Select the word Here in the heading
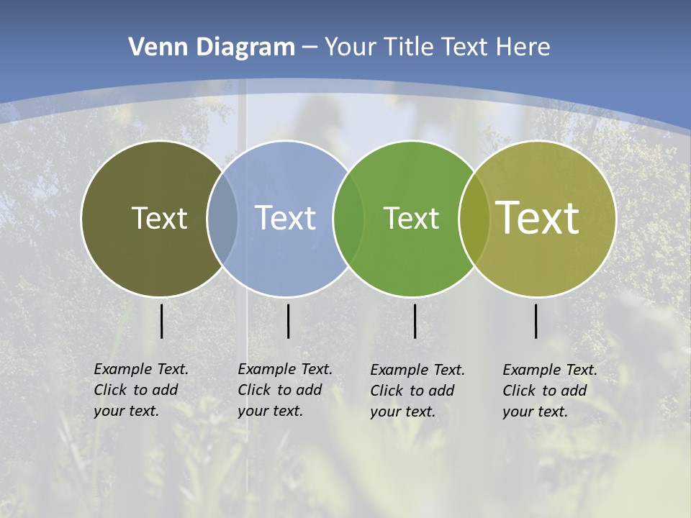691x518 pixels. pos(523,47)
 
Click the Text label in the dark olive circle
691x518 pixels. pos(159,218)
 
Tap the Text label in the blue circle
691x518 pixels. pos(285,218)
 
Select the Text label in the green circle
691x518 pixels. pos(411,218)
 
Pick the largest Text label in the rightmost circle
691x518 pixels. pos(538,218)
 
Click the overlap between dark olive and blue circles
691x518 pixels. pos(222,218)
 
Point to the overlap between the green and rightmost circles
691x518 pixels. pos(474,218)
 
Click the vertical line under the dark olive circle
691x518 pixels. pos(162,321)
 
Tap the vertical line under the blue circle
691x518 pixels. pos(288,321)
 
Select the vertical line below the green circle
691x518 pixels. pos(415,321)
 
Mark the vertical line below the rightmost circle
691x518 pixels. pos(536,321)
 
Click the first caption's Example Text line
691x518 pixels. pos(141,369)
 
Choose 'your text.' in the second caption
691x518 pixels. pos(270,411)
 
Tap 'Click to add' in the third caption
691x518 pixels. pos(412,391)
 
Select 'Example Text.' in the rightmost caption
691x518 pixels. pos(550,370)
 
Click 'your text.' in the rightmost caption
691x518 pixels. pos(535,412)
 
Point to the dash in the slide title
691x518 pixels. pos(310,47)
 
